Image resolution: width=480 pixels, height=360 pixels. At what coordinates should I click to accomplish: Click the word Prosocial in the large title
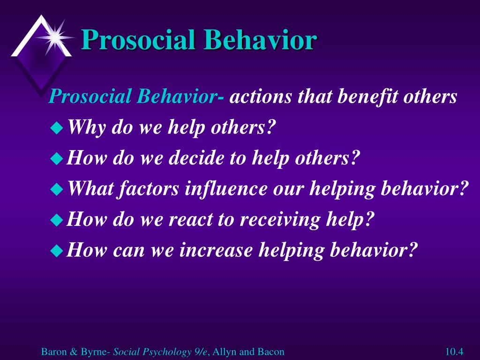[x=138, y=40]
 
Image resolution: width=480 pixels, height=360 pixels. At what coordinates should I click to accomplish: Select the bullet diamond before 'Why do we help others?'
[x=57, y=127]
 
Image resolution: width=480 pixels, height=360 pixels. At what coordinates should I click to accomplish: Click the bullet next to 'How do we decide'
[x=57, y=158]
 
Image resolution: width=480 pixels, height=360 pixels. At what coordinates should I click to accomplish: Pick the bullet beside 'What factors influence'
[x=57, y=189]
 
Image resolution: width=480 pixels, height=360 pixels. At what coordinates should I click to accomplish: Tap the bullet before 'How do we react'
[x=57, y=220]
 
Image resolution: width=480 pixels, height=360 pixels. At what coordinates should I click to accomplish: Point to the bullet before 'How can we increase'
[x=57, y=250]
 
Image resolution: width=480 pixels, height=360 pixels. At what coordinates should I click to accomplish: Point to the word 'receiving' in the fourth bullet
[x=280, y=220]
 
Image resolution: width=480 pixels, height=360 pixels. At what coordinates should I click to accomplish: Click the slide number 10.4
[x=454, y=352]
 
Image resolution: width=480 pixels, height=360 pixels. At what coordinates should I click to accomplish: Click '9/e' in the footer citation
[x=201, y=352]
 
